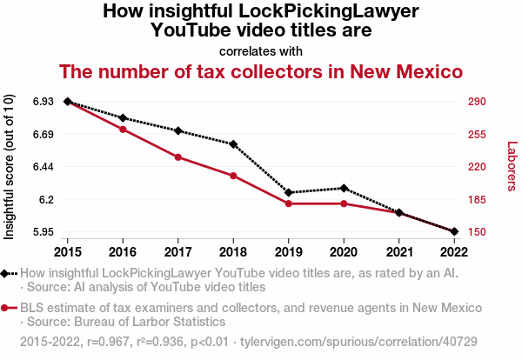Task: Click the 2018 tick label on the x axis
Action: (x=233, y=251)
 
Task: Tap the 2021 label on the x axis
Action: (x=398, y=251)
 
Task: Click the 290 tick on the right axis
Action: (x=477, y=102)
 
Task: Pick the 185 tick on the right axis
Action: (x=477, y=200)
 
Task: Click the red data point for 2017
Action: (x=178, y=157)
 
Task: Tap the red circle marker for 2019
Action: (x=289, y=203)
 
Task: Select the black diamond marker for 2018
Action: (x=233, y=143)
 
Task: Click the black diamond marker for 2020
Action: (x=344, y=188)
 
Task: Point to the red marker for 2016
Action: (x=123, y=130)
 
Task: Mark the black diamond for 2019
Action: (x=289, y=192)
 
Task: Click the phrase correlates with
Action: (x=261, y=50)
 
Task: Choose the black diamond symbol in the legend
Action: (x=7, y=273)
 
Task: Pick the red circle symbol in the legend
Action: (x=7, y=308)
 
